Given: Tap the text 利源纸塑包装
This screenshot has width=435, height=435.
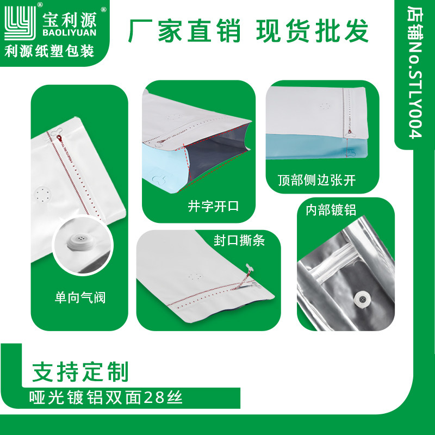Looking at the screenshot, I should pyautogui.click(x=49, y=51).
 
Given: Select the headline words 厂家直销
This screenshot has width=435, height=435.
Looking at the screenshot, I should pyautogui.click(x=185, y=31).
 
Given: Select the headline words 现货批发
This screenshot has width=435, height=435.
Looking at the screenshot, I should pyautogui.click(x=312, y=31).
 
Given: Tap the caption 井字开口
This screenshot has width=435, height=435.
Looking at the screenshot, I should pyautogui.click(x=214, y=207).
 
